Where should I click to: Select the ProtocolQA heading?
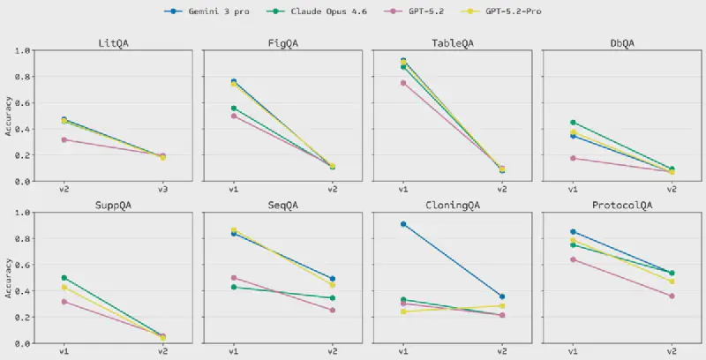622,205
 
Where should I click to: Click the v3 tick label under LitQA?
162,189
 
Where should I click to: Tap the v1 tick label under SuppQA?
64,351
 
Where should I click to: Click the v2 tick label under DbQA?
672,189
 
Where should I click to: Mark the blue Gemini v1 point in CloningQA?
403,224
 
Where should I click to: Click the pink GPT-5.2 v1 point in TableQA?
403,83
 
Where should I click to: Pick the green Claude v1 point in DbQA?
573,123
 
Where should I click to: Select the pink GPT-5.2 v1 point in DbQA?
573,158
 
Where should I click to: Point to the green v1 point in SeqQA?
233,287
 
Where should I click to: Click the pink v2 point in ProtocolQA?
672,296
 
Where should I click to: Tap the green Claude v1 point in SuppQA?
64,278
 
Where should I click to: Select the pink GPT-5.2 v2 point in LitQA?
162,155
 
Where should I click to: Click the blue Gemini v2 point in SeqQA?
332,279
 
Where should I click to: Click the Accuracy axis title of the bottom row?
10,277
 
